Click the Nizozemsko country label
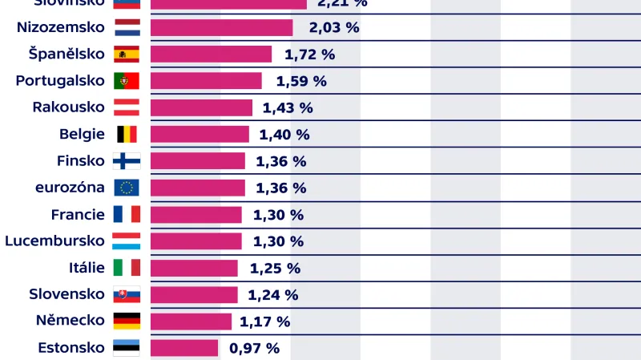tap(61, 27)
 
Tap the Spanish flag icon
tap(127, 54)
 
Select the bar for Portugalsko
tap(206, 81)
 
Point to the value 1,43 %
tap(288, 107)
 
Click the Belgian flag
tap(127, 134)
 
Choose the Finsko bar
tap(198, 160)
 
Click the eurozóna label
tap(70, 187)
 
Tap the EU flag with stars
tap(127, 188)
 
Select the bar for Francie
tap(196, 214)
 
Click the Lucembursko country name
tap(54, 241)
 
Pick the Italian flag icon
tap(127, 267)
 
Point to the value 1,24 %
tap(272, 294)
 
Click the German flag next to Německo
tap(127, 321)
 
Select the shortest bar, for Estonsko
tap(184, 347)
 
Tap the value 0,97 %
tap(254, 348)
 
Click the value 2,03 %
tap(334, 27)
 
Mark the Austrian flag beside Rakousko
tap(127, 107)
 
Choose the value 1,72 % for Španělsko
tap(309, 55)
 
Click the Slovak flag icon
tap(127, 294)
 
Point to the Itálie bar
tap(194, 268)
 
